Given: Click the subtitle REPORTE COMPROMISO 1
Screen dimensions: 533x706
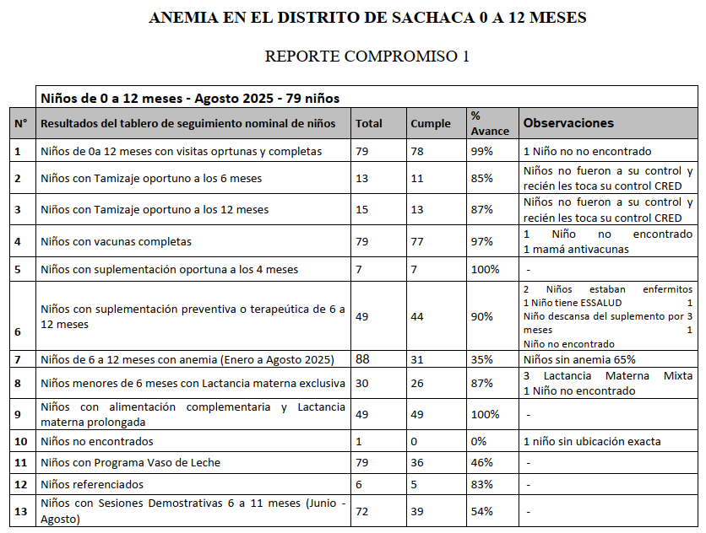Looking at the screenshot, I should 367,57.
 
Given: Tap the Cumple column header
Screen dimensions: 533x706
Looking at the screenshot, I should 431,124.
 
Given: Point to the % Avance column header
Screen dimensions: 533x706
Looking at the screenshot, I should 490,123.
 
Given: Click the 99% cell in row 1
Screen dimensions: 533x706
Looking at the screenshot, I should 482,152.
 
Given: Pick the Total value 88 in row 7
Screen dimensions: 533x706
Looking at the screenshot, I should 363,359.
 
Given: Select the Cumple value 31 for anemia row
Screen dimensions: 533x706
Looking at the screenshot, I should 417,360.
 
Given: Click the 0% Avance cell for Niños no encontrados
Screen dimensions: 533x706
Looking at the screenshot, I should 479,441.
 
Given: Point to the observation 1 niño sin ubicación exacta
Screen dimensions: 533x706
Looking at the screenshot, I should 592,441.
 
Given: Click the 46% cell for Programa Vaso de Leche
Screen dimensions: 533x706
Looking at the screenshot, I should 482,463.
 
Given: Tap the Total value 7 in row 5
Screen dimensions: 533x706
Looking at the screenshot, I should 359,270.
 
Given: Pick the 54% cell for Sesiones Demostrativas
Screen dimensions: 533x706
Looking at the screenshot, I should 482,511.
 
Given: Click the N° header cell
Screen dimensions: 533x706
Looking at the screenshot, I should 20,124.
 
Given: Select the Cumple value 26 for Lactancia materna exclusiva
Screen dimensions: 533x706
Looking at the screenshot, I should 418,383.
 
